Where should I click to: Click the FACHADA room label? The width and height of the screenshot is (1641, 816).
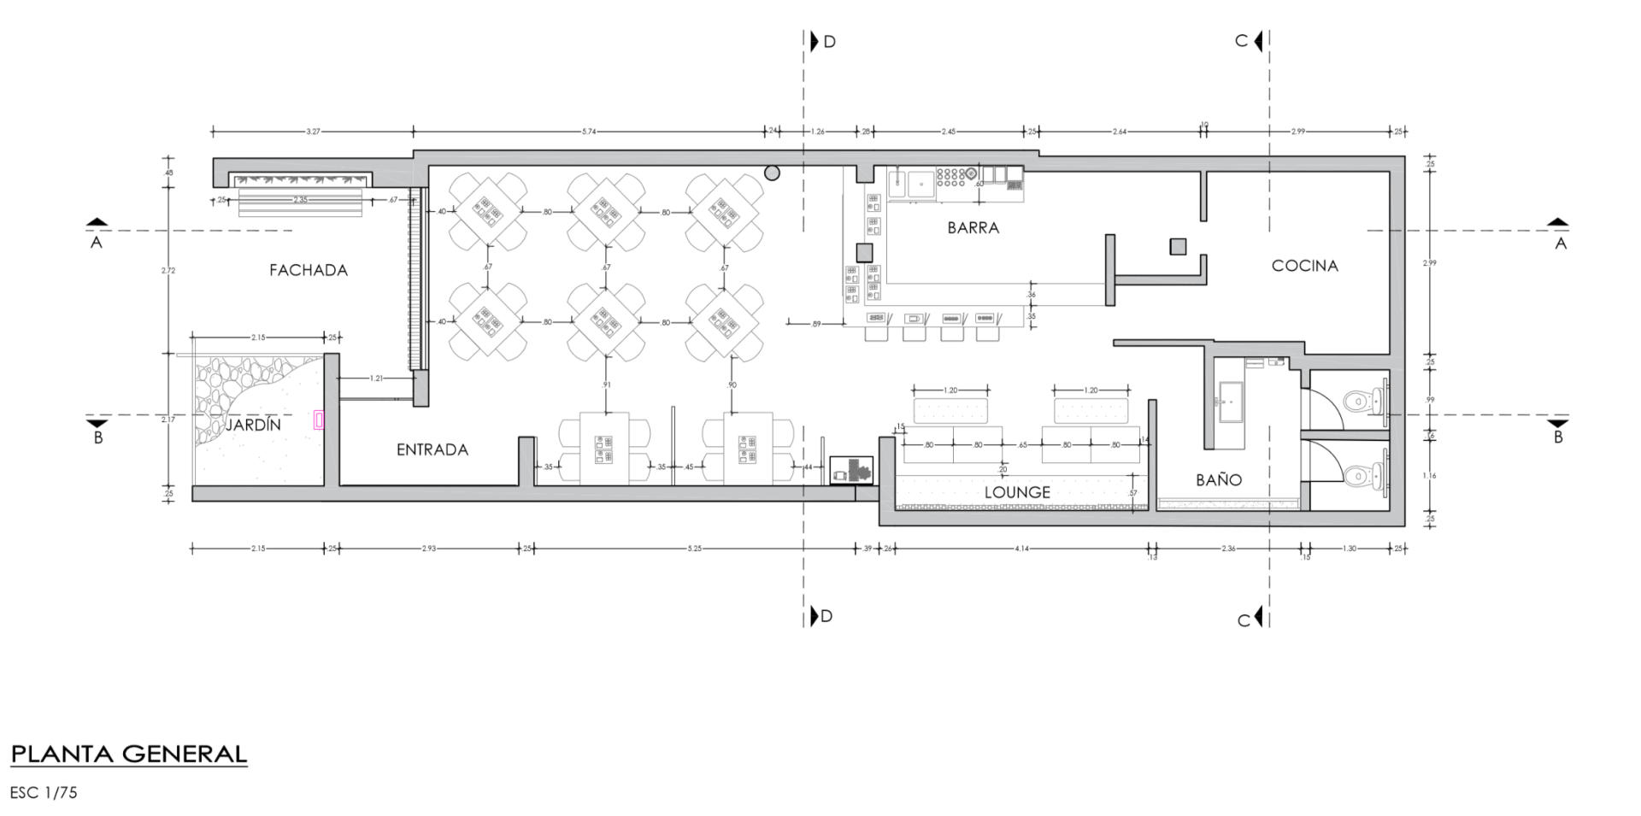(309, 270)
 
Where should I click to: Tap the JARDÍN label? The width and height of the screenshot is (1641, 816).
(253, 425)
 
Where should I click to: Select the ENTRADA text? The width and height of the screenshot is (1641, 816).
(432, 449)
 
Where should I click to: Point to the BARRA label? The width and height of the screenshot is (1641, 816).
(973, 228)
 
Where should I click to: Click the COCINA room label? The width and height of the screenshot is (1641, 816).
(1304, 266)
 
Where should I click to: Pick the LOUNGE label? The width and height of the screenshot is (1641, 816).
(1017, 492)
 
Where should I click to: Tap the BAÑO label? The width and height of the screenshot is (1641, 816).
(1219, 479)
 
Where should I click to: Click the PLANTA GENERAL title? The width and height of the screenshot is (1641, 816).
(129, 754)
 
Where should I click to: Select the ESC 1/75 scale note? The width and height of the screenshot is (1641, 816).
(44, 792)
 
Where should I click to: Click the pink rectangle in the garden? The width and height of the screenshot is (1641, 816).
(320, 420)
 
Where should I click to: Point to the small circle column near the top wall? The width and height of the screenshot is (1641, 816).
(772, 173)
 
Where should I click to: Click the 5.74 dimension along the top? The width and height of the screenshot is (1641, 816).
(589, 132)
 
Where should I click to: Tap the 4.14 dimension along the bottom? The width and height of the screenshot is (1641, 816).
(1021, 549)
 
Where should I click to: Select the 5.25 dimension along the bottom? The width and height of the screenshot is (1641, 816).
(694, 549)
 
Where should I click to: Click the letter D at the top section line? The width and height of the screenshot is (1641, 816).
(829, 41)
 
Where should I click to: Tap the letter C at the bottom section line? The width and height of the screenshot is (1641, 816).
(1244, 620)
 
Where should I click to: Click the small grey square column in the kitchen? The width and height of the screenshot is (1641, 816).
(1179, 247)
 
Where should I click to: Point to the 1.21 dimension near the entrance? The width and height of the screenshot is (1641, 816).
(376, 378)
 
